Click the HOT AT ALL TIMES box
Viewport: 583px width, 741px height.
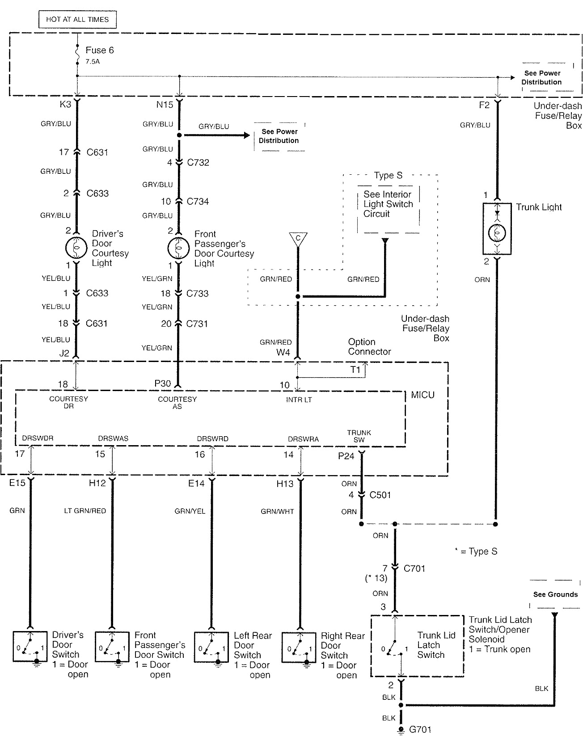[77, 20]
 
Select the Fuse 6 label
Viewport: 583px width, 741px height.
[99, 50]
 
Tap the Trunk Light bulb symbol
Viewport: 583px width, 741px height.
[497, 233]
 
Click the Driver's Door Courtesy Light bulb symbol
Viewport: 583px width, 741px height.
[76, 248]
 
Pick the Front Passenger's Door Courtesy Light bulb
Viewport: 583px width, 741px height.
[178, 248]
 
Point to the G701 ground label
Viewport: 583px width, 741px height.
[420, 730]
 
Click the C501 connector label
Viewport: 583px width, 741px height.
[380, 495]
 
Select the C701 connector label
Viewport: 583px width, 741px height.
[414, 568]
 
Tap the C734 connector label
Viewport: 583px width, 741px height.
[198, 202]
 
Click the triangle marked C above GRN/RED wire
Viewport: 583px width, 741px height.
[297, 238]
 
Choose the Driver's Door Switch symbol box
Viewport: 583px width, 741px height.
[30, 646]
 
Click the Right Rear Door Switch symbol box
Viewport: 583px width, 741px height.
[299, 647]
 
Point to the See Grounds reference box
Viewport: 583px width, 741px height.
[555, 594]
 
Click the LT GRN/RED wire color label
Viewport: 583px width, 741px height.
[85, 511]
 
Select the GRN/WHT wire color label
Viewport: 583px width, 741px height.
[277, 511]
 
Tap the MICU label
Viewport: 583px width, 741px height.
[422, 395]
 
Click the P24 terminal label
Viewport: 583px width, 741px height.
[346, 456]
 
